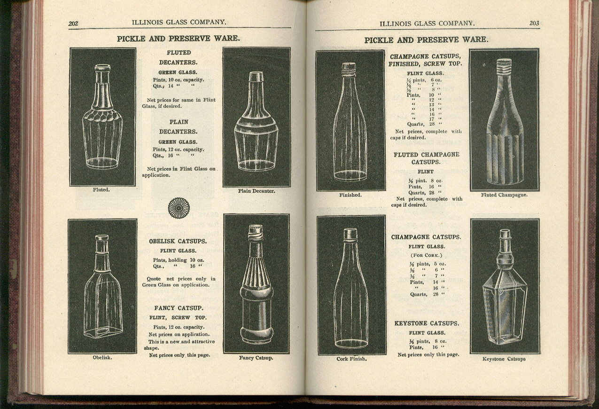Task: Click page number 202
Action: (73, 24)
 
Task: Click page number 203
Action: (534, 23)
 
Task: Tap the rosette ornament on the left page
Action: (179, 208)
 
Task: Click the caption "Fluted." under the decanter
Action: (101, 190)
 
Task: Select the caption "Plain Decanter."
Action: (257, 191)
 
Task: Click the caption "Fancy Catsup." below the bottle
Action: (256, 358)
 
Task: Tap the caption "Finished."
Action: (350, 195)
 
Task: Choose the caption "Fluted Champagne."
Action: (504, 195)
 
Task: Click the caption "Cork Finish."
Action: (351, 359)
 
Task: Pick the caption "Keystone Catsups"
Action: (504, 359)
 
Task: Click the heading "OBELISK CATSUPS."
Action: (178, 241)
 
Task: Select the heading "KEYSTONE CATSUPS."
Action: (427, 323)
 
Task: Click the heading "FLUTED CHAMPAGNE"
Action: (427, 155)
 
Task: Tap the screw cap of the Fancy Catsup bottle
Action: (256, 230)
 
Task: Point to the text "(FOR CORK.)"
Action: (426, 255)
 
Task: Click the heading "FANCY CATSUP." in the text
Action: (179, 308)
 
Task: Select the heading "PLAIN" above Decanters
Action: (179, 122)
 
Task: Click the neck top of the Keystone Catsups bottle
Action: (505, 234)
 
